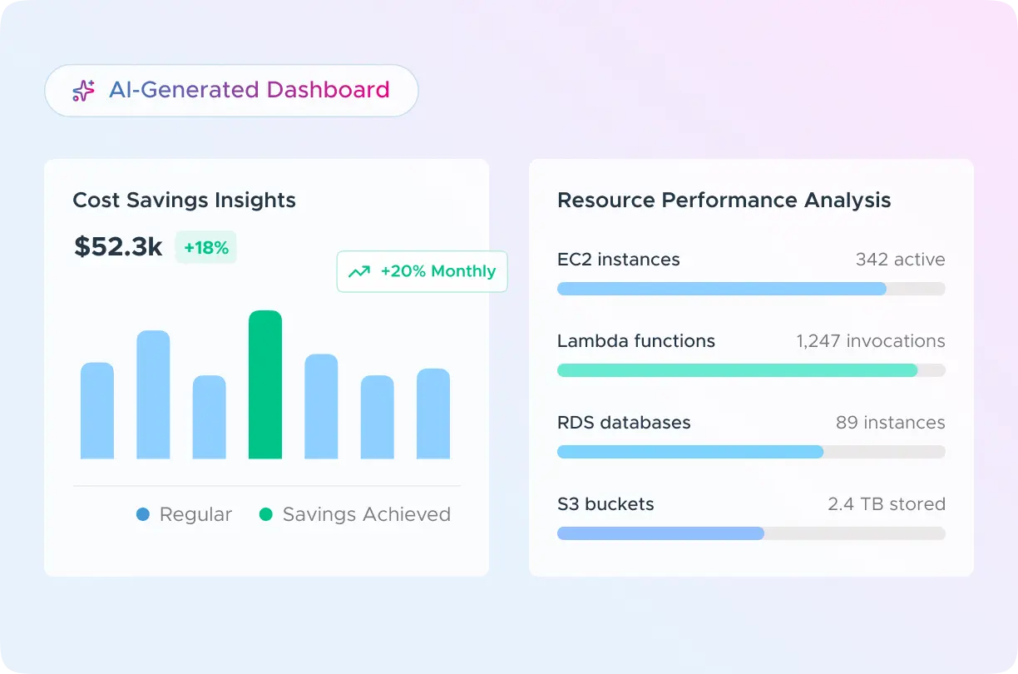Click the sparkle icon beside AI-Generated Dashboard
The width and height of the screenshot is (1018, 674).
click(x=83, y=91)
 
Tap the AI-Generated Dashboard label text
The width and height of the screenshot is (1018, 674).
click(x=249, y=90)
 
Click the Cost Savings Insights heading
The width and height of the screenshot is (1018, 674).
click(x=184, y=201)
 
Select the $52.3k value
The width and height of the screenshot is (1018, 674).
click(x=118, y=247)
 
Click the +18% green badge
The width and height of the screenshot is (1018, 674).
click(x=205, y=248)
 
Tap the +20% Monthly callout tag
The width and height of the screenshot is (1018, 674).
click(x=422, y=271)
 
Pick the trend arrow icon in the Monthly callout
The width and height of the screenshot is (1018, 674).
click(x=359, y=272)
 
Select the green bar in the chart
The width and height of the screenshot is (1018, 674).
click(x=265, y=384)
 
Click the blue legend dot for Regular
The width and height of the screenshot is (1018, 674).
click(x=143, y=515)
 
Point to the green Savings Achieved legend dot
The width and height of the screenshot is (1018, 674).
click(x=266, y=515)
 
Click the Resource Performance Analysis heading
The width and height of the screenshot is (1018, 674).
click(x=724, y=201)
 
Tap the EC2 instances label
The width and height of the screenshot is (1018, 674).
click(x=618, y=260)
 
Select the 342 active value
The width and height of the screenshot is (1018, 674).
click(x=900, y=260)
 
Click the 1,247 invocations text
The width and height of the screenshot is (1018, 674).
click(x=870, y=341)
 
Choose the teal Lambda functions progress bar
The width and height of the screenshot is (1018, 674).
click(x=737, y=370)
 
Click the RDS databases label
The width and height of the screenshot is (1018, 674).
click(x=624, y=423)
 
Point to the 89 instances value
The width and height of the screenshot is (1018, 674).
click(x=890, y=423)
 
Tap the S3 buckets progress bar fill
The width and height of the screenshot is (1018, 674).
click(x=660, y=533)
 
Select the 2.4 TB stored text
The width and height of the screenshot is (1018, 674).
click(x=886, y=504)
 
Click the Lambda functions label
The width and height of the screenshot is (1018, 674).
click(x=635, y=341)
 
